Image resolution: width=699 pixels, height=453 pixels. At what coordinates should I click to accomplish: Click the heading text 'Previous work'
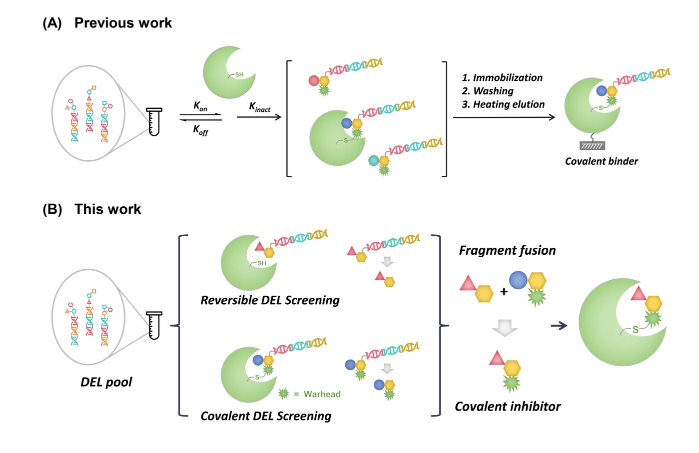pos(123,23)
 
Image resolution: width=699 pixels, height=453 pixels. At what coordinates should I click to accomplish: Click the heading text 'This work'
pos(107,209)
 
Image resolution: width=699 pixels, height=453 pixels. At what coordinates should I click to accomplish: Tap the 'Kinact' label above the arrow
pos(259,107)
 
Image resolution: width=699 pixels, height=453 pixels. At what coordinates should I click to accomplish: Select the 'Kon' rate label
pos(200,106)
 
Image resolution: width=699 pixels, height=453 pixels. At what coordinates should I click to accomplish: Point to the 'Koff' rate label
pos(200,130)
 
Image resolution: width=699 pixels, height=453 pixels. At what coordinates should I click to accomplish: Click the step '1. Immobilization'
pos(502,77)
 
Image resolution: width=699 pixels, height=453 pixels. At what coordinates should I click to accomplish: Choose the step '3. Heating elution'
pos(503,104)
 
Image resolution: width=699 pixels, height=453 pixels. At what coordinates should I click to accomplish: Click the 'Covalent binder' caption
pos(602,161)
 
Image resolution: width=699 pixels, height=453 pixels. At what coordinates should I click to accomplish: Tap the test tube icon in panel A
pos(154,121)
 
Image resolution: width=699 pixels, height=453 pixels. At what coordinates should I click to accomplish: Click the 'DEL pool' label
pos(106,382)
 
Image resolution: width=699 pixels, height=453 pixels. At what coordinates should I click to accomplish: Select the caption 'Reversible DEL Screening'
pos(270,300)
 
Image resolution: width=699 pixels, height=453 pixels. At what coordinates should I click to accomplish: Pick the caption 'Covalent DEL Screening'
pos(266,416)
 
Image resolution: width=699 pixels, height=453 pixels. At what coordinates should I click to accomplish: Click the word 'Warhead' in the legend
pos(322,394)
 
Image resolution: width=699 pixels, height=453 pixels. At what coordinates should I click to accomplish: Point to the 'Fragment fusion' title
pos(507,250)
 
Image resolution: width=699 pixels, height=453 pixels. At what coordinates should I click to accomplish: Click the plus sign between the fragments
pos(504,292)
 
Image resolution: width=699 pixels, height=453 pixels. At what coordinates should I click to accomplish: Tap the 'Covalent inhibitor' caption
pos(508,407)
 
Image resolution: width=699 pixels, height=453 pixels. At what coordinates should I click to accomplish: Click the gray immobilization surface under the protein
pos(592,146)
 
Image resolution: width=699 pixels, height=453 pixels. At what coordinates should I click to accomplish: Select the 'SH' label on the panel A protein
pos(239,74)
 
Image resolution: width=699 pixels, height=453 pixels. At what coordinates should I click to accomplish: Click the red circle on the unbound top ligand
pos(314,80)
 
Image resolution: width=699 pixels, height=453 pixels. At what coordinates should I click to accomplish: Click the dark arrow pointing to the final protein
pos(559,326)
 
